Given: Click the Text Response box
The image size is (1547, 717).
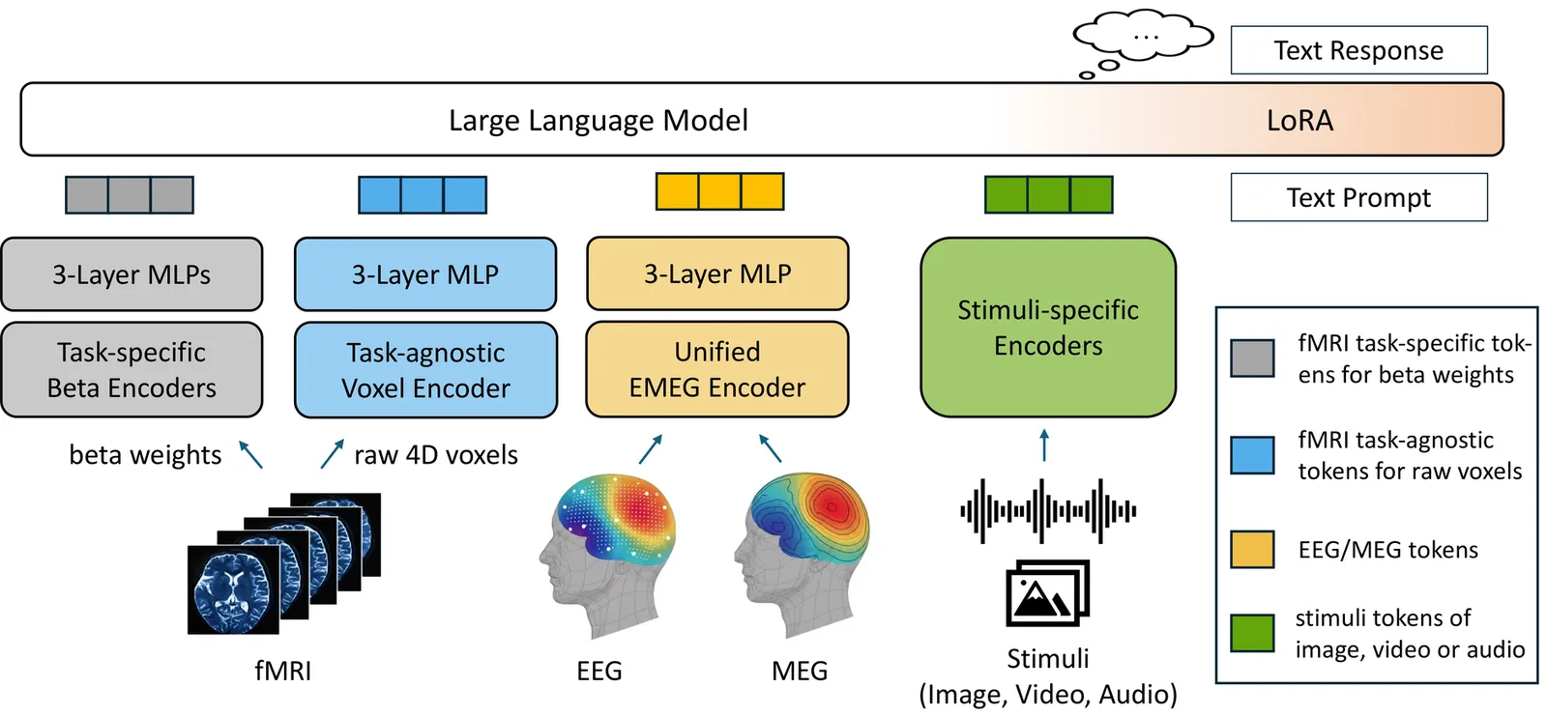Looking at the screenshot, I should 1358,50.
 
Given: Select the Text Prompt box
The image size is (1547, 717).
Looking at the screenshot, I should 1358,197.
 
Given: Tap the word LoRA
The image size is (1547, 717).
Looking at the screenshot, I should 1299,121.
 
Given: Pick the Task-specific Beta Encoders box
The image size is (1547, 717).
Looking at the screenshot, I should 131,370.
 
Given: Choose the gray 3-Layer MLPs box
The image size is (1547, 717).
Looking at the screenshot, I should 131,274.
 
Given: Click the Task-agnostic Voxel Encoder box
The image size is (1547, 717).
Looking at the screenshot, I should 425,370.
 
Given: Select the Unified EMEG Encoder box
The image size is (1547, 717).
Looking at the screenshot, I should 717,370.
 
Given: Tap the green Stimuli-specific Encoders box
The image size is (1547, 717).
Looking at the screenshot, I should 1048,328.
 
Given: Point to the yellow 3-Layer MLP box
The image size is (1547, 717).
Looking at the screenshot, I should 717,274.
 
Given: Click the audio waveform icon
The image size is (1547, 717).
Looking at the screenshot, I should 1048,510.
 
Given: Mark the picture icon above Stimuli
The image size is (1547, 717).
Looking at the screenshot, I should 1047,593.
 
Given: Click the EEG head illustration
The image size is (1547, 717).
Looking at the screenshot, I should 606,551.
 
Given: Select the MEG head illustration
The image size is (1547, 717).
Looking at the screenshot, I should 803,551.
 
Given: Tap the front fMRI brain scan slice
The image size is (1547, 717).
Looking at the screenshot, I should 233,588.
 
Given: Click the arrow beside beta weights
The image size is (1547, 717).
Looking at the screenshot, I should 250,454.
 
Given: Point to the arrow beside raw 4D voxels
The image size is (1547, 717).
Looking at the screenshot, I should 333,454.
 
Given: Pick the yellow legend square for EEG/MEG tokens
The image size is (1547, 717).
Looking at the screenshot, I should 1252,549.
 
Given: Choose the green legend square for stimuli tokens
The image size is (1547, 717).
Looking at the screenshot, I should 1252,633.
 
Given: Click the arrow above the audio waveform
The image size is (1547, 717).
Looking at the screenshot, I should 1044,445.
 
